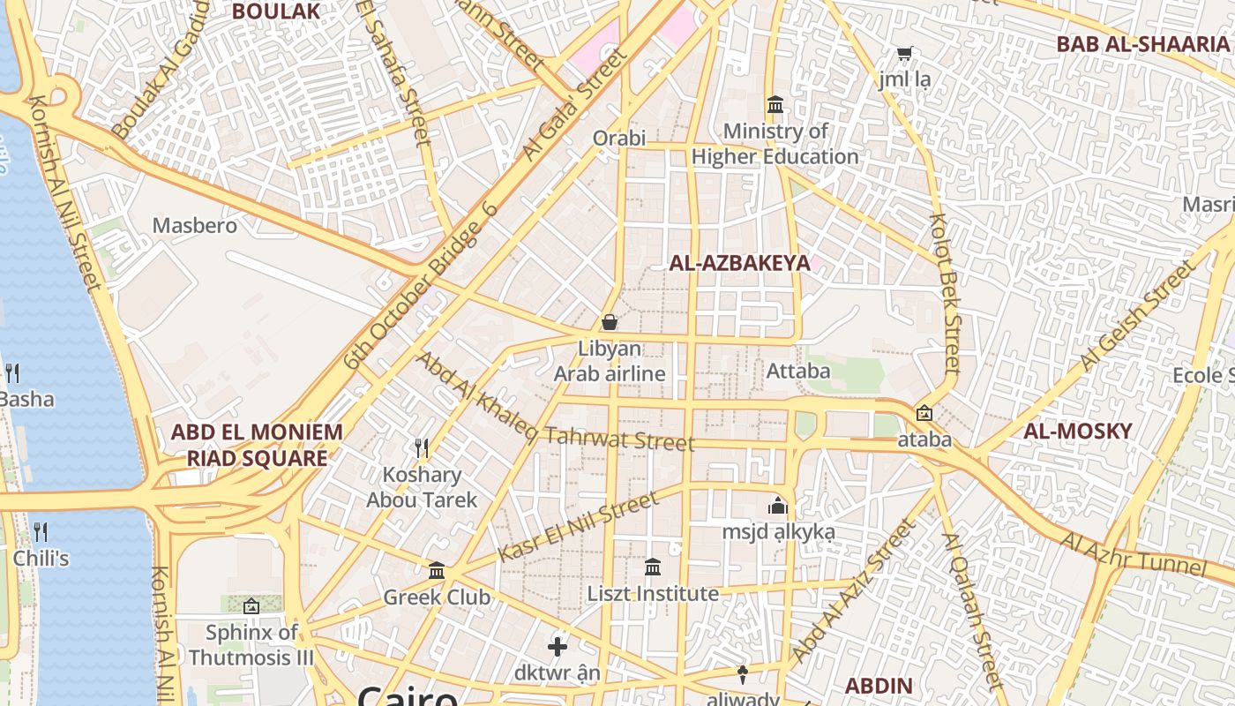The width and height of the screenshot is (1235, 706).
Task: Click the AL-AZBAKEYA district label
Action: pos(739,263)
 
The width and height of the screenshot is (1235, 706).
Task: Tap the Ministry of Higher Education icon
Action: pos(775,104)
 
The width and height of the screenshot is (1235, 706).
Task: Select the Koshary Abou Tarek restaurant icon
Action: pos(422,449)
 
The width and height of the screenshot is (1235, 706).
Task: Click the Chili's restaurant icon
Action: pos(41,532)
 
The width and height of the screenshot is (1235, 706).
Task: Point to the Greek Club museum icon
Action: pos(437,571)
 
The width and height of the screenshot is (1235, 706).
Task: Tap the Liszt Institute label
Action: pos(653,593)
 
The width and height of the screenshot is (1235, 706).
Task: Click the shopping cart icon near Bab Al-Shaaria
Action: pos(904,54)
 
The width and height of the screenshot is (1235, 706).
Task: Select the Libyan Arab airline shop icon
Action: pos(609,322)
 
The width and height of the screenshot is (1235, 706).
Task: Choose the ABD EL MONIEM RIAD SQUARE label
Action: pos(257,445)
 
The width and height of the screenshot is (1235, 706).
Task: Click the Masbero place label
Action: pos(195,225)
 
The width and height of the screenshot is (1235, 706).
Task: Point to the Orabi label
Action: pos(619,138)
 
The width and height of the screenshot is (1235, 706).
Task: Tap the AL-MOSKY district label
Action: pos(1077,431)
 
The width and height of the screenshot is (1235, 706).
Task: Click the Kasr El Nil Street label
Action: pos(578,527)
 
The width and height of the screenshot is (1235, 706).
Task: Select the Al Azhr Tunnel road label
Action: pos(1133,552)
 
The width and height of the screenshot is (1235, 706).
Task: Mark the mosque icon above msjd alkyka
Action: pos(777,506)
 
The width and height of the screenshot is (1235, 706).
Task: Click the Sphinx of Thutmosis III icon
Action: pos(251,606)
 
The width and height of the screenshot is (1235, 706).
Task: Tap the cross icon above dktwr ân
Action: pos(558,647)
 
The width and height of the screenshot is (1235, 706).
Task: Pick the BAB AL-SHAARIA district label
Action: pos(1142,44)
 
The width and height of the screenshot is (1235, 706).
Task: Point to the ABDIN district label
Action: pos(878,685)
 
